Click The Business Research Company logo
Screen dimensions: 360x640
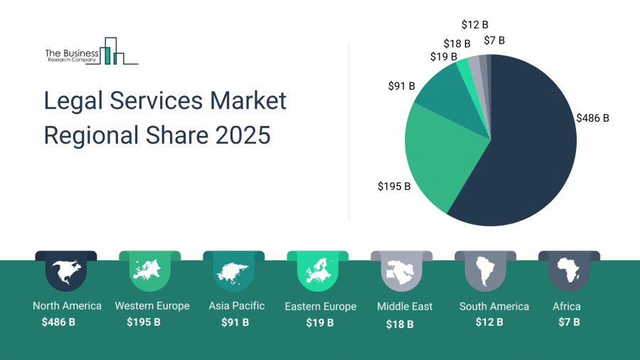click(x=90, y=52)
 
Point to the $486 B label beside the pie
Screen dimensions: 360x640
click(x=592, y=118)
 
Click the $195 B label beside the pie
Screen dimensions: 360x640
click(x=394, y=186)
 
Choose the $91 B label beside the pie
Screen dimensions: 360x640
click(x=401, y=86)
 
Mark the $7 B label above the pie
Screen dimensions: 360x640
click(x=494, y=41)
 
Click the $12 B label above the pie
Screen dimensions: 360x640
click(x=474, y=26)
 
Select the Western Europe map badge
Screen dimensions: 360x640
click(x=149, y=271)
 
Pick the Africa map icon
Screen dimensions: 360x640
click(x=568, y=271)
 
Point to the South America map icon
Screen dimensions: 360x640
click(x=485, y=271)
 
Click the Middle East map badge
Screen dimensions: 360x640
click(x=401, y=271)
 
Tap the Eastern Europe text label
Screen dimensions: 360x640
click(x=320, y=307)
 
